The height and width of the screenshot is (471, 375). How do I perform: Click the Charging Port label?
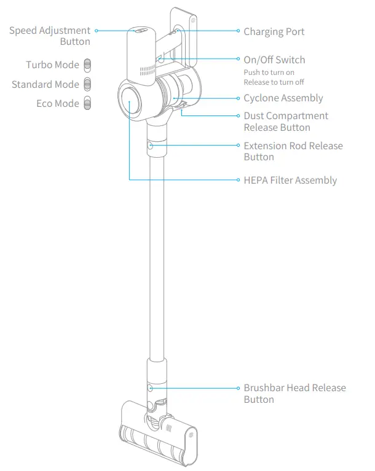coord(274,31)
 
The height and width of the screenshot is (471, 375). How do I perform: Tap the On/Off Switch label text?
coord(274,60)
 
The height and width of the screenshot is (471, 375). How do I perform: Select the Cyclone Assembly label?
coord(283,98)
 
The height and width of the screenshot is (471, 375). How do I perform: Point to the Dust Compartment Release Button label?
coord(286,122)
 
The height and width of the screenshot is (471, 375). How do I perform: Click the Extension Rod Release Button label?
coord(293,151)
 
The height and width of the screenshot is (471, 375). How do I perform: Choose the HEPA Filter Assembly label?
coord(290,181)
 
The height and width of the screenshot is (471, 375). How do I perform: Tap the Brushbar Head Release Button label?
coord(294,394)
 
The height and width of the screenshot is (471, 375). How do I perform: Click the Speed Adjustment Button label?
coord(50,36)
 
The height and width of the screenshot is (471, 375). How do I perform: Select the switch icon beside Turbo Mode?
coord(87,65)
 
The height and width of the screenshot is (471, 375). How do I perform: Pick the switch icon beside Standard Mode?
coord(87,84)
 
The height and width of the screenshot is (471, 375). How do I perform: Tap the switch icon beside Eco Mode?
coord(87,103)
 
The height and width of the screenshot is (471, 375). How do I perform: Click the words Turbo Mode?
coord(52,65)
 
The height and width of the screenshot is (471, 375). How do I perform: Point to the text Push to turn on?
coord(269,72)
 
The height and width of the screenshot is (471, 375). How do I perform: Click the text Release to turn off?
coord(274,82)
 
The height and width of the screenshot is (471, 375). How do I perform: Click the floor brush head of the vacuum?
coord(160,433)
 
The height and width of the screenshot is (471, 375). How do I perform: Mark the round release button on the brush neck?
coord(150,388)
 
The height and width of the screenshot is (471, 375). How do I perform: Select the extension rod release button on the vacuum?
coord(151,146)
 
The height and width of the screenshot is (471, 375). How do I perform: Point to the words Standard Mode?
coord(45,84)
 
